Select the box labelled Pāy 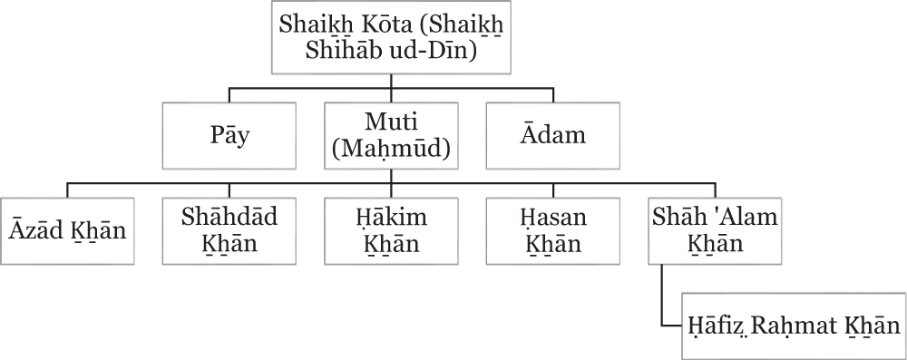click(229, 135)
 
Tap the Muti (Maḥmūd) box click(391, 135)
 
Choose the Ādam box click(553, 135)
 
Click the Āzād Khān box click(67, 232)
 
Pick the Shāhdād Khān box click(229, 232)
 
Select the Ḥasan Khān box click(553, 232)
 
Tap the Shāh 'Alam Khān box click(717, 232)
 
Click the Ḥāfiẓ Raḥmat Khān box click(792, 326)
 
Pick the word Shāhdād click(229, 219)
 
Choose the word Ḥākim click(392, 219)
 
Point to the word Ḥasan click(553, 219)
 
